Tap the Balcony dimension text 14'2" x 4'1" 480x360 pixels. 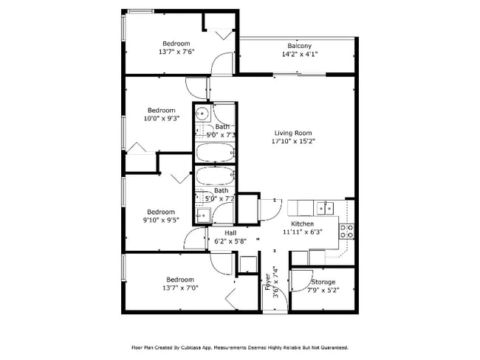299,55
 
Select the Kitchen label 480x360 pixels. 302,224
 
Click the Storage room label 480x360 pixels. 322,282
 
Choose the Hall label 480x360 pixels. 221,232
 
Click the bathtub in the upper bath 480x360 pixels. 215,154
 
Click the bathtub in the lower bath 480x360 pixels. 215,179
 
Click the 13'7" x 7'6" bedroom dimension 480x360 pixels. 176,53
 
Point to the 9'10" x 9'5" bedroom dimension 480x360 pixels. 160,219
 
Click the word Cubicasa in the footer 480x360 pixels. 194,347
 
